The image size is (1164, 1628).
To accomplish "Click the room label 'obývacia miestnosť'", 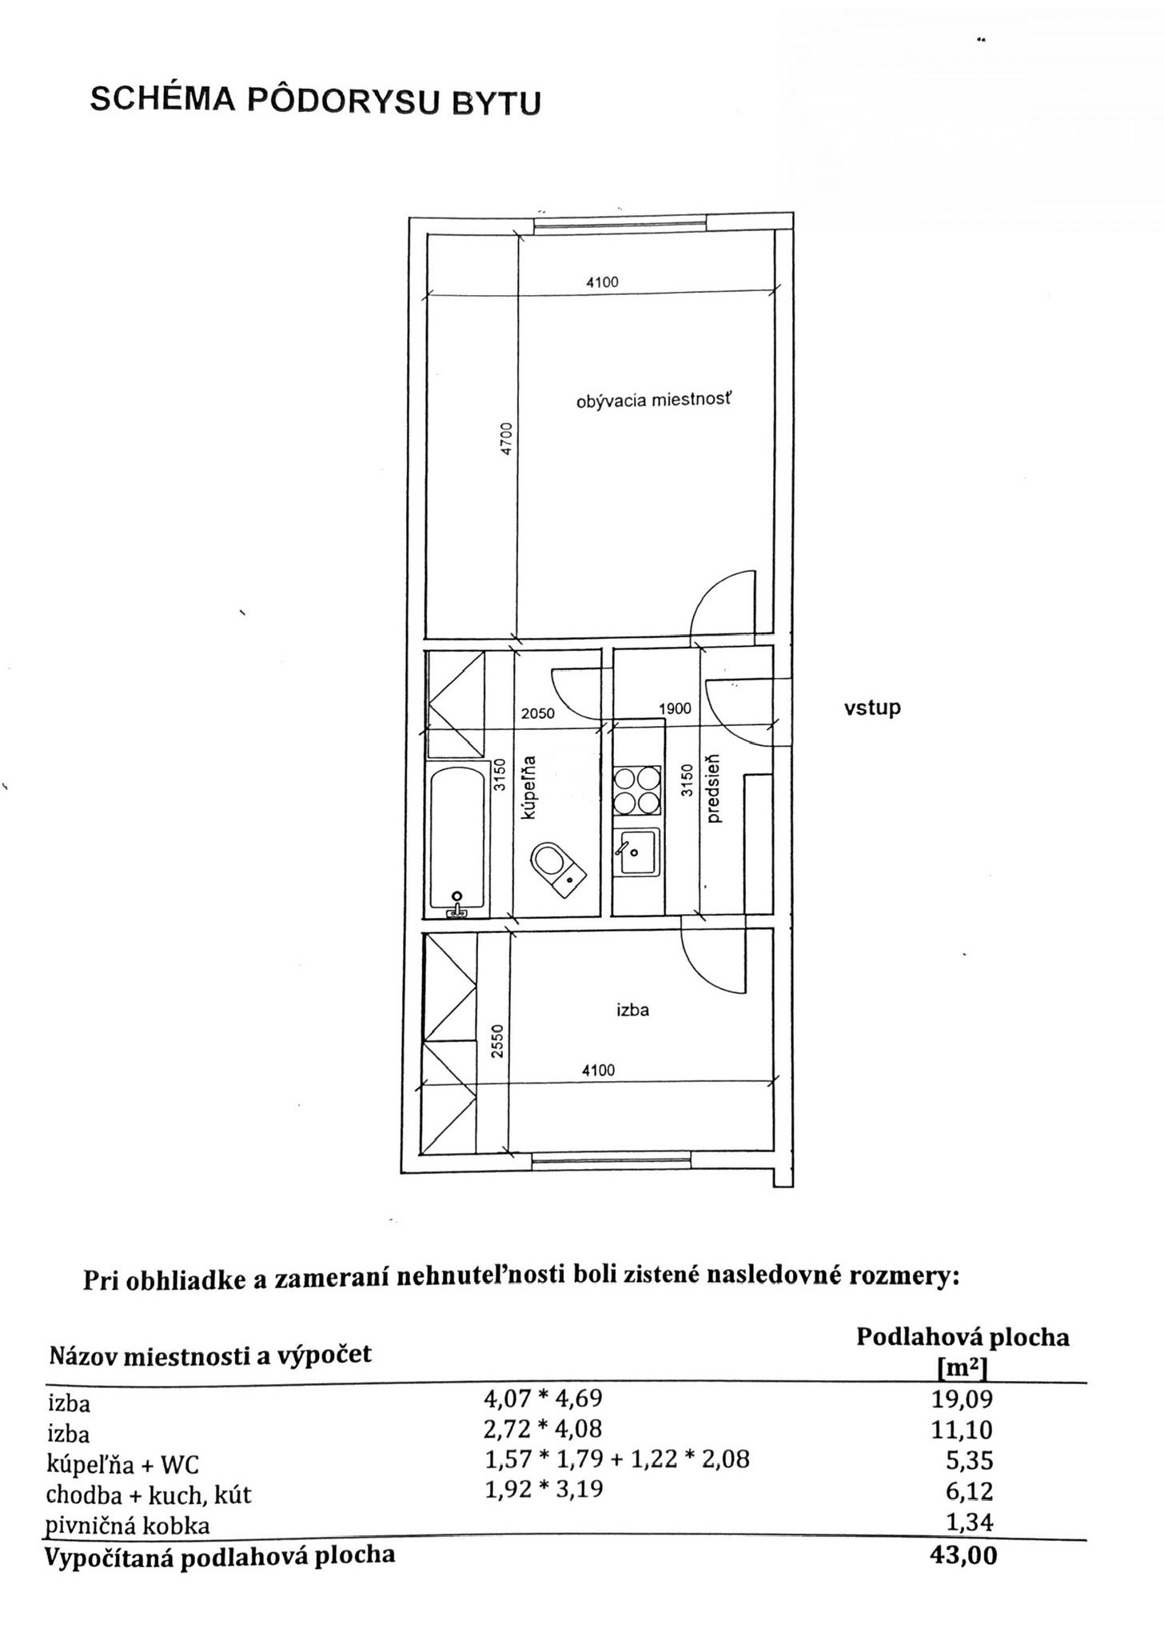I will point(653,400).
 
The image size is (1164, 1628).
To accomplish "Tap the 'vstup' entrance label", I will point(872,708).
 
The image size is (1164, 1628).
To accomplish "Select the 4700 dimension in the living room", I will point(504,438).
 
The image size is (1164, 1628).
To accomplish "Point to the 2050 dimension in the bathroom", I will point(538,713).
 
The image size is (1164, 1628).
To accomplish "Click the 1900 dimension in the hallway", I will point(675,708).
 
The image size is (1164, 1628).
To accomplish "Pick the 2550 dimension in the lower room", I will point(497,1042).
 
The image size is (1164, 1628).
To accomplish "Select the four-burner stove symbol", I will point(637,789).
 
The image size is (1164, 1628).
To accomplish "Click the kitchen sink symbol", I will point(637,852).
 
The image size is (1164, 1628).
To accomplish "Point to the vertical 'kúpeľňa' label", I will point(528,788).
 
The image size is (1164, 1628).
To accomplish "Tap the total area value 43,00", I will point(971,1557).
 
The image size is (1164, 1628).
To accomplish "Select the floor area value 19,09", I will point(969,1399).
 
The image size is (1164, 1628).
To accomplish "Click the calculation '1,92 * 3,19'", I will point(544,1489).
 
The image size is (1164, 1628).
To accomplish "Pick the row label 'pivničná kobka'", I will point(128,1526).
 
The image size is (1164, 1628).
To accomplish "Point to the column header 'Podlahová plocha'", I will point(963,1337).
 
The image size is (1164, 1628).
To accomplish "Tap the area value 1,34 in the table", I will point(970,1522).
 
